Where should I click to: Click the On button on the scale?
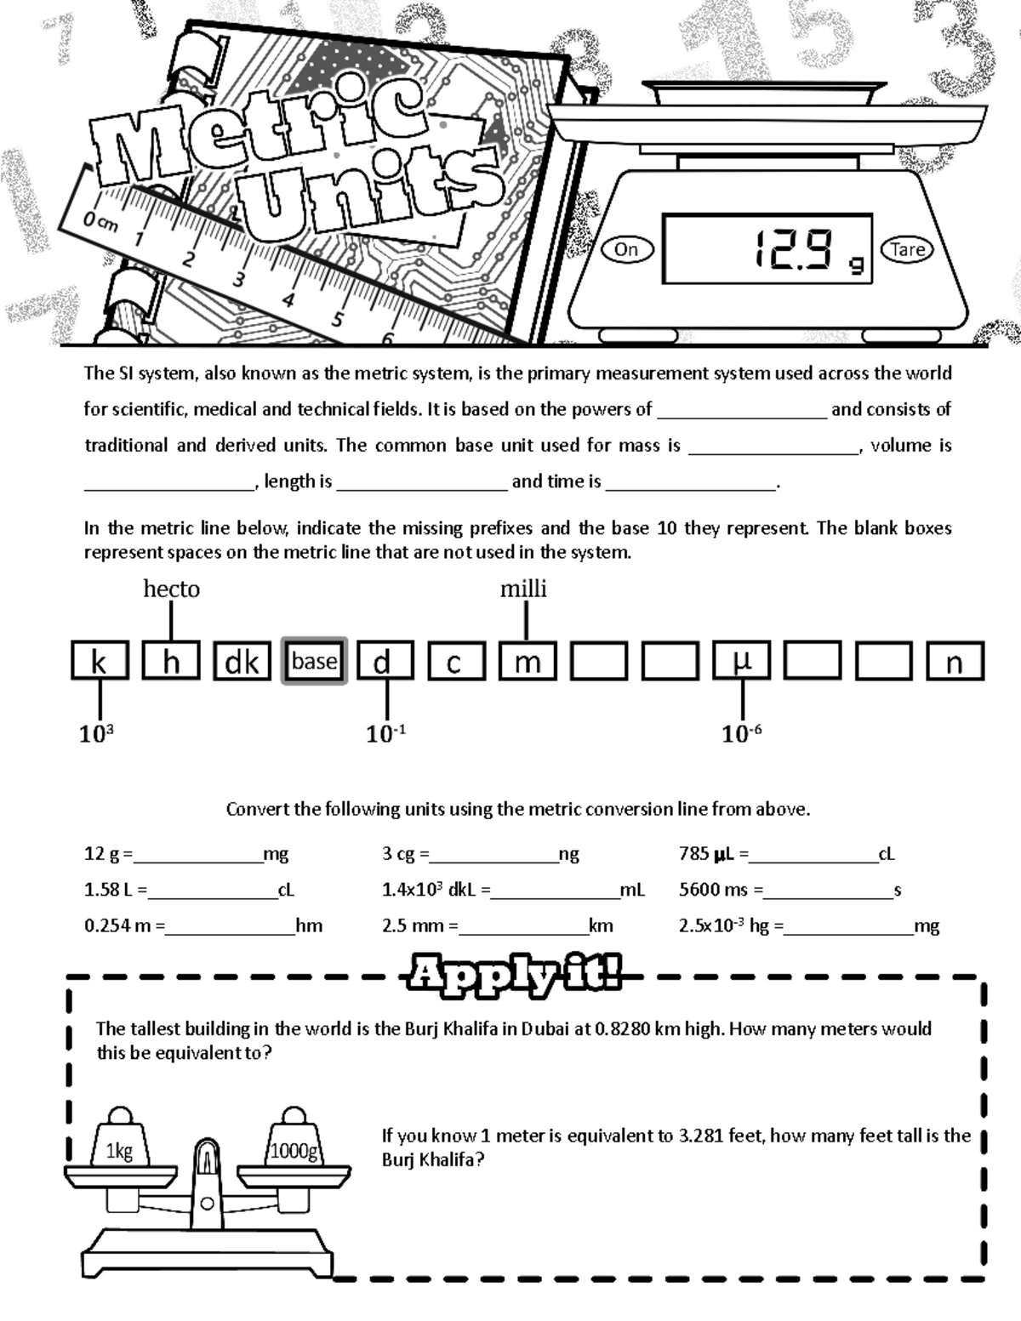click(x=626, y=249)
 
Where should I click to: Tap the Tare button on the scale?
click(x=907, y=249)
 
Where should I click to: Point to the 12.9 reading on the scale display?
click(x=792, y=250)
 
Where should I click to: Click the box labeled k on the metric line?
click(x=100, y=662)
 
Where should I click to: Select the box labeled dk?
click(x=242, y=662)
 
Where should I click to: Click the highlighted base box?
click(x=314, y=661)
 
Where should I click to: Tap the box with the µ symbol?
click(x=742, y=661)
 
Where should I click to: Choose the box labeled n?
click(x=955, y=662)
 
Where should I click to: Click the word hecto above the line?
click(x=171, y=589)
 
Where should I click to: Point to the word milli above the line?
click(x=523, y=589)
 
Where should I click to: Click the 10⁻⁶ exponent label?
click(x=741, y=733)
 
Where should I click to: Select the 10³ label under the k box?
click(x=96, y=733)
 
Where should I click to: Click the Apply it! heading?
click(x=514, y=973)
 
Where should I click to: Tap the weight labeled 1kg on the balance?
click(x=119, y=1151)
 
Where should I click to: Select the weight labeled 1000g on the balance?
click(x=294, y=1151)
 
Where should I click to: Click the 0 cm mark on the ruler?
click(x=100, y=222)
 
